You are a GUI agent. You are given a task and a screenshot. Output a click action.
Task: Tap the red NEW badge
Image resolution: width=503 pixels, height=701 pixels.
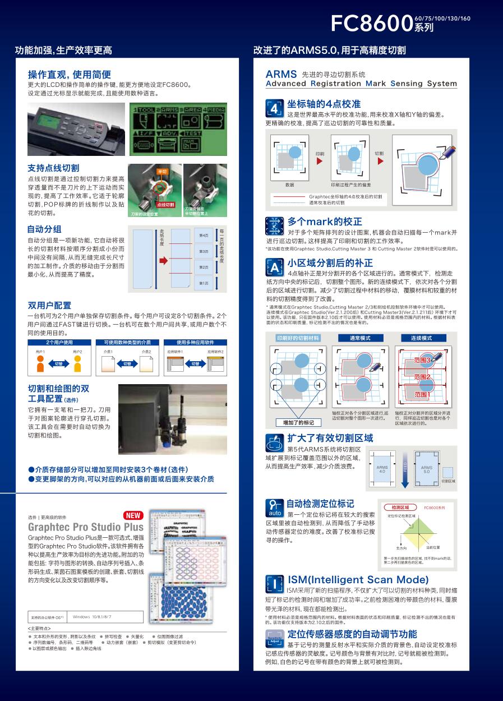(133, 515)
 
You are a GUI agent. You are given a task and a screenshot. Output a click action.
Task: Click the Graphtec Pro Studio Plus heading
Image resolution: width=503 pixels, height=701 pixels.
(86, 527)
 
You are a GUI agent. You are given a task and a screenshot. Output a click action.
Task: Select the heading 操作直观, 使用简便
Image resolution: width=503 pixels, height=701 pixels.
(70, 75)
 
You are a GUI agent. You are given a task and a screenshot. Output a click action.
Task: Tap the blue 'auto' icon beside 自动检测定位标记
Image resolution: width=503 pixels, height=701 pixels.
(274, 508)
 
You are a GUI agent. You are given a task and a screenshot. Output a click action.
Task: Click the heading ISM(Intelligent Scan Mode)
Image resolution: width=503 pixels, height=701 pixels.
(358, 579)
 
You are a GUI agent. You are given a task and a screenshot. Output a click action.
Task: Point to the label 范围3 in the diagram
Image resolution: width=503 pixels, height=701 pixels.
(422, 359)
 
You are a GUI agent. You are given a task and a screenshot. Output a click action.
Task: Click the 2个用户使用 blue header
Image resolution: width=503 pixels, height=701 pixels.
(59, 342)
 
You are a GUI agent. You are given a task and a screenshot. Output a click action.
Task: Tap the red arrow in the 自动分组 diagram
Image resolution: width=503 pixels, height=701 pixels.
(163, 261)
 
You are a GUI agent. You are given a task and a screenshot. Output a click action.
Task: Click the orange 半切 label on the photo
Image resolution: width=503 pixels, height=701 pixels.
(161, 171)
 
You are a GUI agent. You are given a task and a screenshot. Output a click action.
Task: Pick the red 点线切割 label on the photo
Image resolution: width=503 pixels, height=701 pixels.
(165, 205)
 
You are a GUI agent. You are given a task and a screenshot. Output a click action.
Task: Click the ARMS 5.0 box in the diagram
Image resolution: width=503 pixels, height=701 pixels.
(426, 469)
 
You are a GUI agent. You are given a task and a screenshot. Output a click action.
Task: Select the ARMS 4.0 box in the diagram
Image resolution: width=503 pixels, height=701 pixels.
(382, 469)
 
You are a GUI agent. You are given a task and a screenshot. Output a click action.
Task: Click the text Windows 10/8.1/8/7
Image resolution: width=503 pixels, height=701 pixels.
(92, 616)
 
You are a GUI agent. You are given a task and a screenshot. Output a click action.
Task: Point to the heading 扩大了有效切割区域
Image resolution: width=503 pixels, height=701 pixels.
(330, 438)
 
